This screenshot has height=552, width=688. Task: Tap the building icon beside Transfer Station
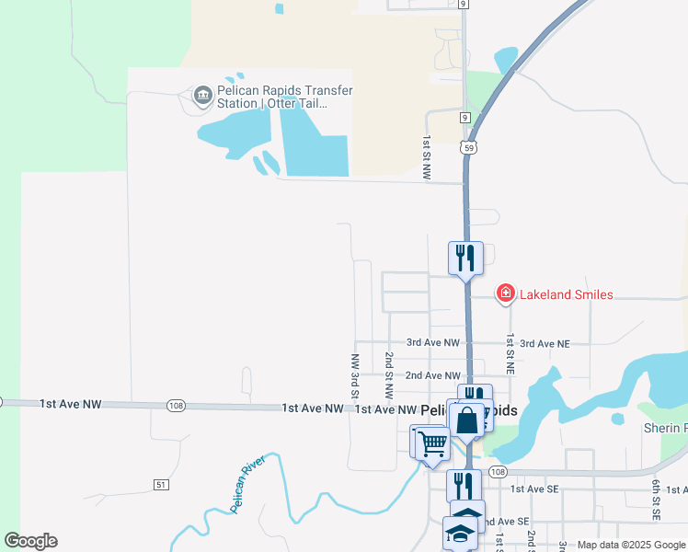point(202,94)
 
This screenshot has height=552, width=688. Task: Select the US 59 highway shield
point(468,147)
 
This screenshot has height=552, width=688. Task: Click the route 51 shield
point(161,484)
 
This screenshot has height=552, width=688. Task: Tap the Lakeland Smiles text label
point(567,294)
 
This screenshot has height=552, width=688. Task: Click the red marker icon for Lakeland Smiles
point(505,294)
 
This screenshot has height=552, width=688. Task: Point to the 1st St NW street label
point(427,157)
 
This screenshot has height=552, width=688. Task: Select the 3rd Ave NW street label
point(432,343)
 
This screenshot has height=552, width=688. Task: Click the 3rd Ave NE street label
point(545,343)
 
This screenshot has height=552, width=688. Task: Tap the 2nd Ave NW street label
point(432,375)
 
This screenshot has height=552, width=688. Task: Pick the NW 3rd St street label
point(354,376)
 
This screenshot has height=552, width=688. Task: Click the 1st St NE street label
point(509,341)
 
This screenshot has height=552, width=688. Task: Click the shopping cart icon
point(432,443)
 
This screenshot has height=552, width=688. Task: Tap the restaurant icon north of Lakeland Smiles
point(466,257)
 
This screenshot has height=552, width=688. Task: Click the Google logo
point(30,541)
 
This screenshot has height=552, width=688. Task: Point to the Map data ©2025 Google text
point(630,545)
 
